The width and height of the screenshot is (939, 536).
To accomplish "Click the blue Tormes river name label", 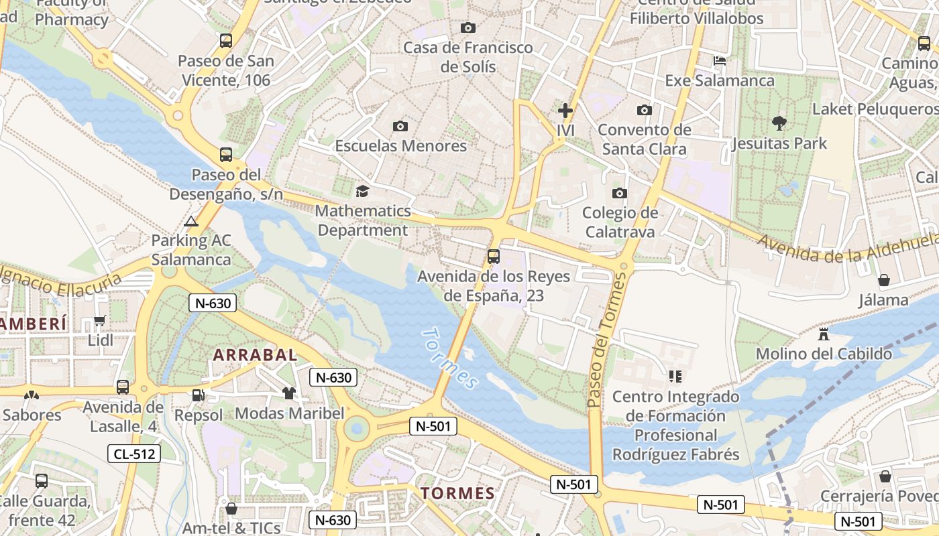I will tap(451, 358).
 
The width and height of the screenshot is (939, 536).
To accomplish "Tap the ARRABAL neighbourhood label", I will tap(255, 355).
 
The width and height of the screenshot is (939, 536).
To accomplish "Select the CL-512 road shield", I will tap(134, 454).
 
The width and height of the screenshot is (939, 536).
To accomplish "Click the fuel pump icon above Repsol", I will tap(198, 395).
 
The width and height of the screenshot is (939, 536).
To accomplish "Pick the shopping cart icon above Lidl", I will tap(100, 321).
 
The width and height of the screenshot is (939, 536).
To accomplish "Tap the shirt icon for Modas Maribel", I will tap(289, 393).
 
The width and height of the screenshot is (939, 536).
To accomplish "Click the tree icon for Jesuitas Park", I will tap(779, 123).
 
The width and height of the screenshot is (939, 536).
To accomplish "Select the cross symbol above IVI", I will tap(565, 110).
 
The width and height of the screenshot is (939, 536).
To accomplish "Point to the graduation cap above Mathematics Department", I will tap(362, 191).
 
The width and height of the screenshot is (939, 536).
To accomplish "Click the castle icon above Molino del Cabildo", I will tap(824, 333).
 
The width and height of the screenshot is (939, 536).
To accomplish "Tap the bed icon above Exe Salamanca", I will tap(719, 61).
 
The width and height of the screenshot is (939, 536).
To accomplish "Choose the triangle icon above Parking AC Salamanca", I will tap(191, 221).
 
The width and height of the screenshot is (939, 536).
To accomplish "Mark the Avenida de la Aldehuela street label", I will tap(848, 249).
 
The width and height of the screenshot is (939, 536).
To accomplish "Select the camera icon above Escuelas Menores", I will tap(400, 126).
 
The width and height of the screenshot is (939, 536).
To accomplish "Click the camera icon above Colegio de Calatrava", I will tap(620, 194).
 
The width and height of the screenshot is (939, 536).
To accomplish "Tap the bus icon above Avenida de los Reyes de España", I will tap(494, 256).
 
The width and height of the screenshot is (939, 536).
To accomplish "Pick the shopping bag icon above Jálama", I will tap(884, 280).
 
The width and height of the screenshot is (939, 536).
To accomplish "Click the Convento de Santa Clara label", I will tap(644, 139).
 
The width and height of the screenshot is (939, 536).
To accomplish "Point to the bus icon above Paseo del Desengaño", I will tap(226, 155).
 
